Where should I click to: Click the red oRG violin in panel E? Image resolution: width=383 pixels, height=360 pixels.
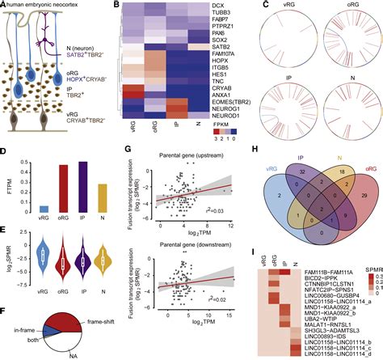(62, 260)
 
